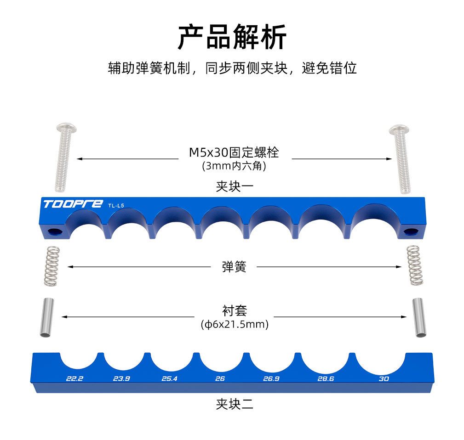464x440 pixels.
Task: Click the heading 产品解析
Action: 232,37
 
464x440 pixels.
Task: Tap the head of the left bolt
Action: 66,128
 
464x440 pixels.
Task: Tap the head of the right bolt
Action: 399,129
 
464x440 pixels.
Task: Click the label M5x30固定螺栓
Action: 234,152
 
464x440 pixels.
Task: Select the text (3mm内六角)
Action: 234,166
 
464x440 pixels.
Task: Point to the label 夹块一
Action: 235,187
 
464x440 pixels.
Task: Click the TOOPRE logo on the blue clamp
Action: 73,204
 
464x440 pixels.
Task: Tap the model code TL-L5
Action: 116,206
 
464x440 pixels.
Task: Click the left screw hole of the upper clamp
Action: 56,231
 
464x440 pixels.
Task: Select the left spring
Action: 52,266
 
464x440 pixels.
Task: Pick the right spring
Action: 415,265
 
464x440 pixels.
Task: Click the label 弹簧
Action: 234,267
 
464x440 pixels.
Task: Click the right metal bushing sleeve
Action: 419,318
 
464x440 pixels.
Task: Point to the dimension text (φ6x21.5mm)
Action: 235,324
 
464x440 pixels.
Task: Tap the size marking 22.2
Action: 75,378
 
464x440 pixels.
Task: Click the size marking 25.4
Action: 170,378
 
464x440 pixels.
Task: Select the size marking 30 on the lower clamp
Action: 384,379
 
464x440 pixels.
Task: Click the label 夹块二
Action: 235,404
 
